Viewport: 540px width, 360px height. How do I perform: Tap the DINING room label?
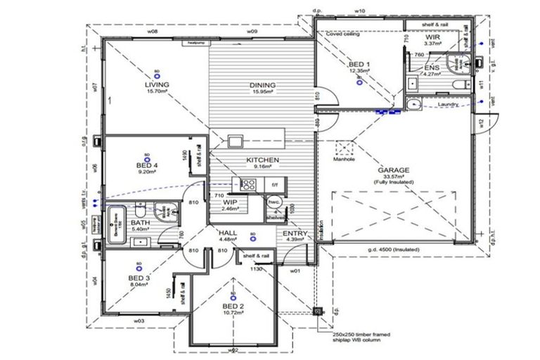pyautogui.click(x=262, y=86)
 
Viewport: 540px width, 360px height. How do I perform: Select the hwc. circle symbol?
pyautogui.click(x=274, y=200)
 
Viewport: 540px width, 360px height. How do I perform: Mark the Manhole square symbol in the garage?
pyautogui.click(x=345, y=149)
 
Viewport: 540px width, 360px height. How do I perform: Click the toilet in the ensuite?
pyautogui.click(x=461, y=85)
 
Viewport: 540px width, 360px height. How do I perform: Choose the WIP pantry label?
pyautogui.click(x=229, y=202)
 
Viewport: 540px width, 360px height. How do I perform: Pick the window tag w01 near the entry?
pyautogui.click(x=296, y=269)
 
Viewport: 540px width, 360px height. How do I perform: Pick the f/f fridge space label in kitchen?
pyautogui.click(x=277, y=185)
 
